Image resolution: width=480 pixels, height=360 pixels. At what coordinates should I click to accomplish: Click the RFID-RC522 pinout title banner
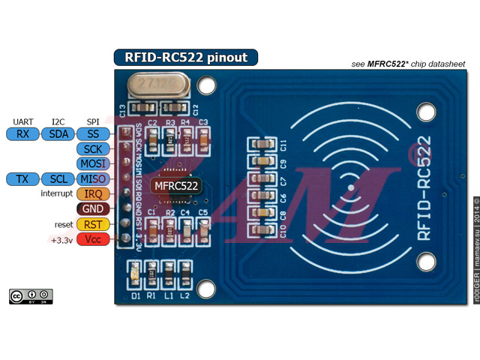(185, 57)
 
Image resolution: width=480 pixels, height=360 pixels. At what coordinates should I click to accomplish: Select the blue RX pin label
(22, 134)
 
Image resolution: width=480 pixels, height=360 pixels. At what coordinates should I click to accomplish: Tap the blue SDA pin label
(58, 134)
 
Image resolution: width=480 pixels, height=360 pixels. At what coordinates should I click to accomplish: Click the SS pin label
(93, 134)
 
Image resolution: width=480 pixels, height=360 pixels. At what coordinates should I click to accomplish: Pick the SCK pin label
(93, 149)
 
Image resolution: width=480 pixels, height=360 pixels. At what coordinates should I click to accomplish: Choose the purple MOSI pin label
(93, 163)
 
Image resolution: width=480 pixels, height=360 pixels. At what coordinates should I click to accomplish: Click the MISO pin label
(93, 178)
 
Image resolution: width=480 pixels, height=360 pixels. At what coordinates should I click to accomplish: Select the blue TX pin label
(22, 178)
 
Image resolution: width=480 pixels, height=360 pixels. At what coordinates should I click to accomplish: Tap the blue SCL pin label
(58, 178)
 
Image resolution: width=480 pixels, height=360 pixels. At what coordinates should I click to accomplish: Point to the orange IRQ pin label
(93, 193)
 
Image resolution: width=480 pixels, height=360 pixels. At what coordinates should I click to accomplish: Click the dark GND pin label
(93, 208)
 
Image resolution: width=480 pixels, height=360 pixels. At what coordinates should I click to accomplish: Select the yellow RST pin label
(93, 224)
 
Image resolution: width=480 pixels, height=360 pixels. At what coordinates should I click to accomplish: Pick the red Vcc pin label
(93, 239)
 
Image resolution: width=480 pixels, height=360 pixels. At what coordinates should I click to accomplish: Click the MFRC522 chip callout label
(175, 184)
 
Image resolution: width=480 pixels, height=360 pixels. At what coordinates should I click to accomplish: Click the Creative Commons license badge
(31, 296)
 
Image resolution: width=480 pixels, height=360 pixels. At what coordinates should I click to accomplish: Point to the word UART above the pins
(22, 121)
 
